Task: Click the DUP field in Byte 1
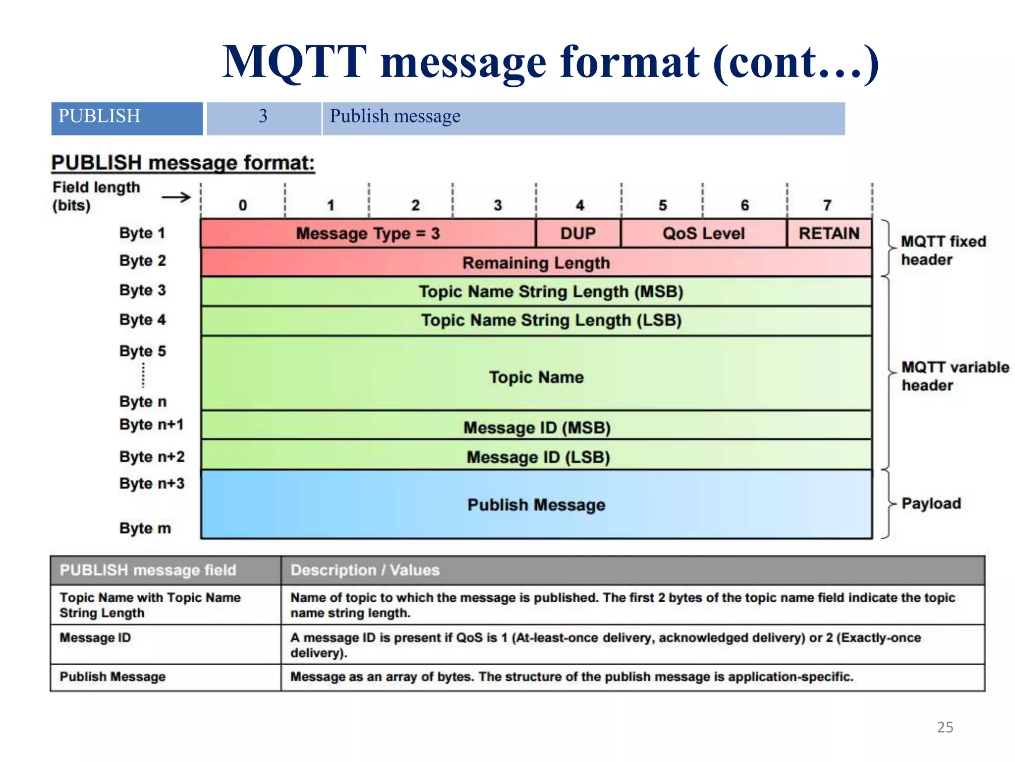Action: [x=578, y=233]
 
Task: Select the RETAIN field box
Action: [x=829, y=233]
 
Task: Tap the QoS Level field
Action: [x=703, y=233]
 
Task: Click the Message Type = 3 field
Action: [x=368, y=233]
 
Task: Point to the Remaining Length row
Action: [x=536, y=262]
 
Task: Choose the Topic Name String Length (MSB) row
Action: [x=536, y=291]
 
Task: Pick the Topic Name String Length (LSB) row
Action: [x=536, y=320]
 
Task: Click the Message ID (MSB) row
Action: [x=536, y=427]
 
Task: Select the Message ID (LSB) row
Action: [x=536, y=456]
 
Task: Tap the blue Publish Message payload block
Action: [x=536, y=505]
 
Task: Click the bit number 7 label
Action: [x=827, y=205]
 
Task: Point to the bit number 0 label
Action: [x=242, y=205]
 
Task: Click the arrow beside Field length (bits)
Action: [x=176, y=197]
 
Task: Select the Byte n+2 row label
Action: [x=152, y=456]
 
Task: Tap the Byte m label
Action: [x=145, y=528]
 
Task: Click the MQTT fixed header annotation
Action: [x=943, y=251]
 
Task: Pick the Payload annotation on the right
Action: [x=931, y=504]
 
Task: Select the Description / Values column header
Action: [x=365, y=570]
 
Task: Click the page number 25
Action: [x=945, y=727]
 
